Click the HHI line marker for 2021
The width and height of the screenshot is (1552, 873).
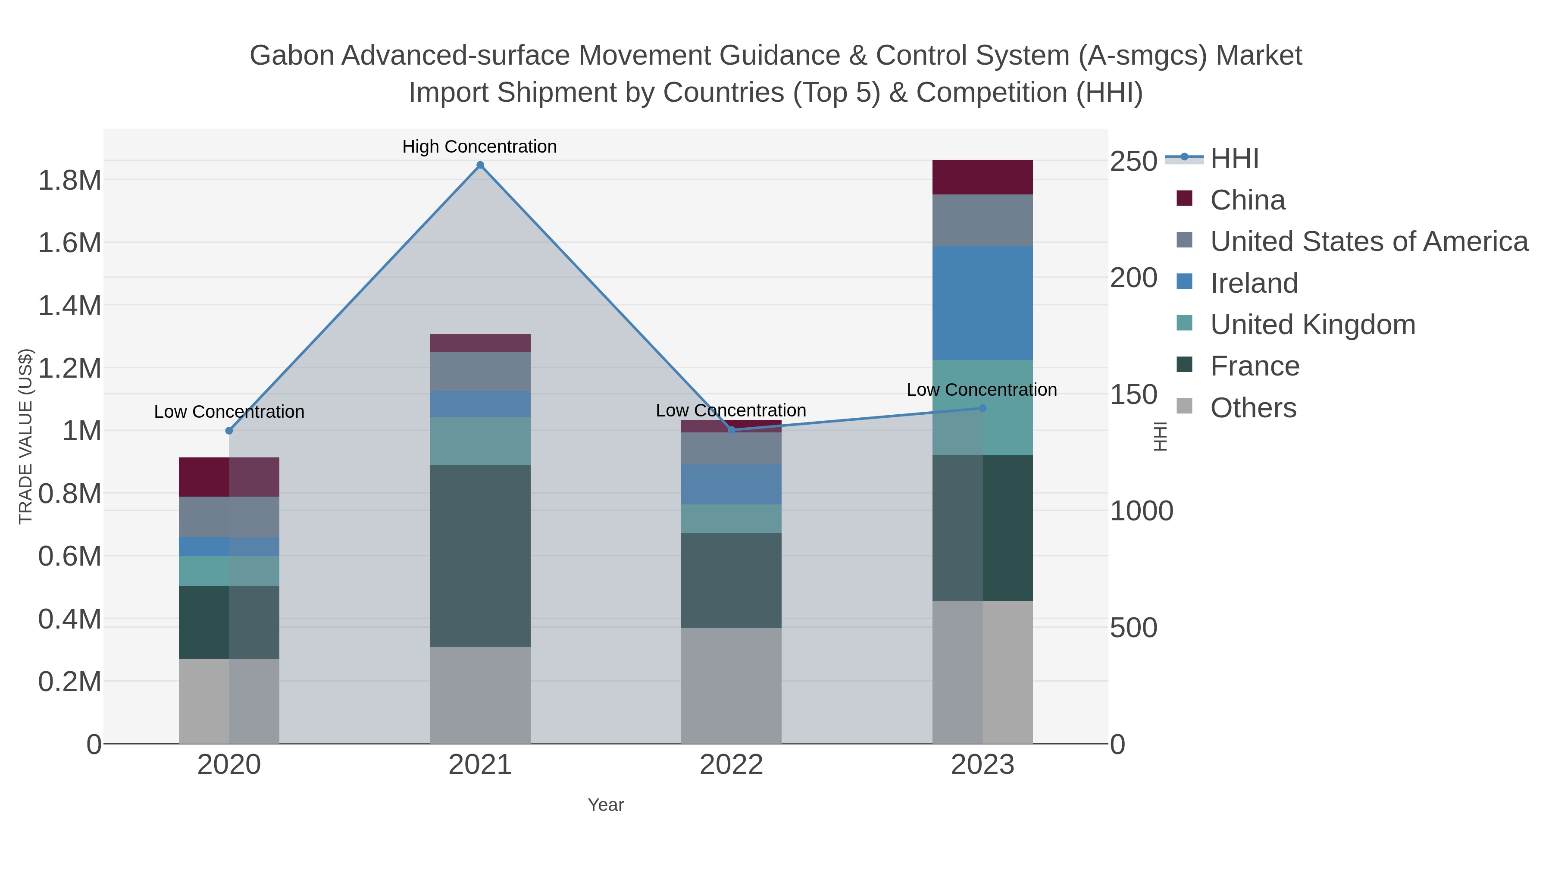(x=480, y=165)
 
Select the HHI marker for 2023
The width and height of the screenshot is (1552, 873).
(x=983, y=408)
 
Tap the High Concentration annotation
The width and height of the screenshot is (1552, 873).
(x=479, y=147)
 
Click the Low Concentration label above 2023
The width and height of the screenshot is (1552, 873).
(x=982, y=390)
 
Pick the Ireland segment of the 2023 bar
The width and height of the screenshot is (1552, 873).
(x=983, y=303)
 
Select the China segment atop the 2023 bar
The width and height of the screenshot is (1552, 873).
(x=983, y=177)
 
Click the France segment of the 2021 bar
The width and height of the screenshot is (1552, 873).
(x=480, y=556)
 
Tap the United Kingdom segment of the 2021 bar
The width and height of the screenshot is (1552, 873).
(x=480, y=441)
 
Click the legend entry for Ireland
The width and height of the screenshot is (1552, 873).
(x=1254, y=283)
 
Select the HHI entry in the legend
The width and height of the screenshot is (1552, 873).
(x=1234, y=159)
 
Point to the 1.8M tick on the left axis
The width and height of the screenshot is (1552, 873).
(x=69, y=180)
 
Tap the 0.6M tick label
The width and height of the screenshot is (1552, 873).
(x=69, y=556)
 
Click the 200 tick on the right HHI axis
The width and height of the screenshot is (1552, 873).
(x=1134, y=278)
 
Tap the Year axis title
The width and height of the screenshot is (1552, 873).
(x=606, y=805)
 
